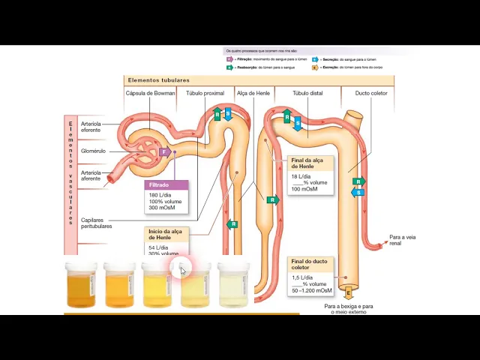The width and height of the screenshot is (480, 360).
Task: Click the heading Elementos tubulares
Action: (x=158, y=80)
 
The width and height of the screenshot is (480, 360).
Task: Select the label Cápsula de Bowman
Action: (x=150, y=93)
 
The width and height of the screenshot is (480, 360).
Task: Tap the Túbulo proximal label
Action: (x=205, y=93)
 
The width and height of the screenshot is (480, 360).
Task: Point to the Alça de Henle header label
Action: (x=253, y=93)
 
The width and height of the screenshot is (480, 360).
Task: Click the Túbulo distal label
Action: (x=307, y=93)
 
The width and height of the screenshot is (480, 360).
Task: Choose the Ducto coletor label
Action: (x=371, y=93)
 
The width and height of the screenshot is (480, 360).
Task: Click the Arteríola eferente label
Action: (x=90, y=127)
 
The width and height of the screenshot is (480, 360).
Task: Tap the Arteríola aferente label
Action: (x=90, y=175)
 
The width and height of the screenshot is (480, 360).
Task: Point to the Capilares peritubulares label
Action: (x=96, y=223)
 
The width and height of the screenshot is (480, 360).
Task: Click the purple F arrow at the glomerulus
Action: (x=164, y=152)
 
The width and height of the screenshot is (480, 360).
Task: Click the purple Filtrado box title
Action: (x=159, y=184)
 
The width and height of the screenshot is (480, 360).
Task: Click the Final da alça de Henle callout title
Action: (x=307, y=163)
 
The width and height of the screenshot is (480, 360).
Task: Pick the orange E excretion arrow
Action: (x=348, y=292)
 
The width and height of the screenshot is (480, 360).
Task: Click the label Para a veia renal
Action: (x=402, y=240)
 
